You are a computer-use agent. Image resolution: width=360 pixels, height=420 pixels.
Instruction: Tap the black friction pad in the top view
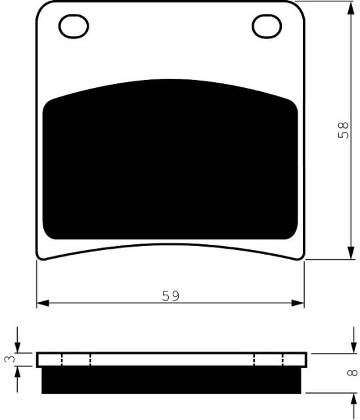[x=170, y=161]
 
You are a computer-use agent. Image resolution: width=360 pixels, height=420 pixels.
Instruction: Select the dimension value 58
[x=344, y=131]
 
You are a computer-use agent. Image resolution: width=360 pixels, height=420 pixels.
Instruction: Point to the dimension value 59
[x=171, y=296]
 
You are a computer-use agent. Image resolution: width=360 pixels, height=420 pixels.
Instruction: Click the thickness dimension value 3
[x=8, y=360]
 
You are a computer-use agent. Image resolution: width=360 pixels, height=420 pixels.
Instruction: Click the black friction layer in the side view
[x=171, y=380]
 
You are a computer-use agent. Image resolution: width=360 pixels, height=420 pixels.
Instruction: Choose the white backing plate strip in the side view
[x=171, y=360]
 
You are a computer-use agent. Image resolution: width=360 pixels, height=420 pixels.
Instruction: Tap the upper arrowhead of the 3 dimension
[x=18, y=348]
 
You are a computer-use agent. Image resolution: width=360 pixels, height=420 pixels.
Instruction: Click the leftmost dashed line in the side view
[x=61, y=360]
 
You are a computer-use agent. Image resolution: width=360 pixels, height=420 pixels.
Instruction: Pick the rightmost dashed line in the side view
[x=282, y=360]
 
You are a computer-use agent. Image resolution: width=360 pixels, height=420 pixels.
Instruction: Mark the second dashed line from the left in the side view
[x=90, y=360]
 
